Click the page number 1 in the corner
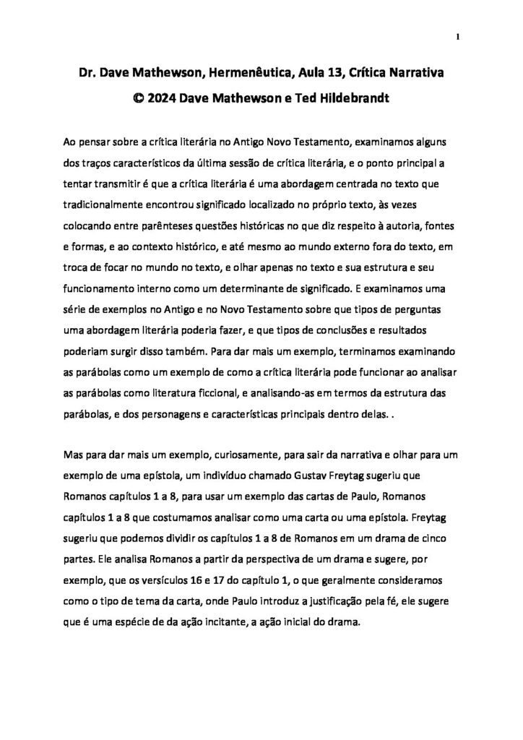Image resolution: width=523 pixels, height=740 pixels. (x=458, y=38)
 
